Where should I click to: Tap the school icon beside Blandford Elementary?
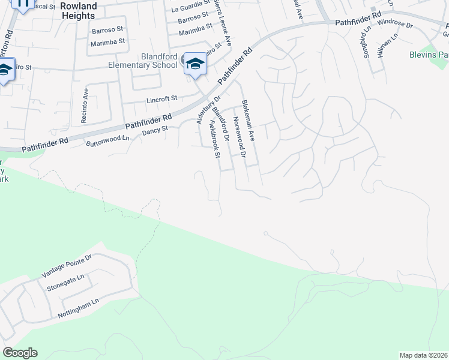(x=195, y=64)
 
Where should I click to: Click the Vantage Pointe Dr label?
(x=66, y=265)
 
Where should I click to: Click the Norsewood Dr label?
(x=238, y=137)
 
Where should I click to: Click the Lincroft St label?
(x=162, y=98)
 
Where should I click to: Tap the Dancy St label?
(x=155, y=129)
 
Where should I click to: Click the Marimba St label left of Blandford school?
(x=107, y=42)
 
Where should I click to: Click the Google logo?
(x=20, y=353)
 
